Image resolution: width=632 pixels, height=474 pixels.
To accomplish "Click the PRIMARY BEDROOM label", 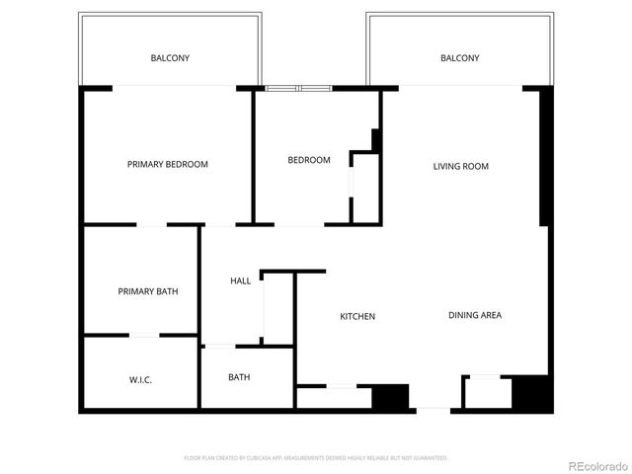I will coord(168,164).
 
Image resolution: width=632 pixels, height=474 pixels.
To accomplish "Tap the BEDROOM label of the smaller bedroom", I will coord(308,160).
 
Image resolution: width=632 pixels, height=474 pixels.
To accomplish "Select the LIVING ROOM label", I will coord(460,166).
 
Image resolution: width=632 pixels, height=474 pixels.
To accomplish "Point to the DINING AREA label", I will coord(475,315).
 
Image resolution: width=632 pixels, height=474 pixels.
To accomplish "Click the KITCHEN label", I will coord(357,316).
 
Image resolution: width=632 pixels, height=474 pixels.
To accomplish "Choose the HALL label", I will coord(240,280).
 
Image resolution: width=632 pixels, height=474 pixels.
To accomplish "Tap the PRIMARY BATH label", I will coord(148,291).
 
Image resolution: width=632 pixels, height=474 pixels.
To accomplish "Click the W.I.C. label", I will coord(140,379).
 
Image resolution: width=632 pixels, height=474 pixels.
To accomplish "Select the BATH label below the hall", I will coord(239,377).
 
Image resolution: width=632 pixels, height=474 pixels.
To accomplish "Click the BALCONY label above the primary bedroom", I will coord(170,58).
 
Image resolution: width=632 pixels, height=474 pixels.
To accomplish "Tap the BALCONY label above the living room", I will coord(459,58).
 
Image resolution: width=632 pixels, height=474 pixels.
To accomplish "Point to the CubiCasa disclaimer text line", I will coord(316,457).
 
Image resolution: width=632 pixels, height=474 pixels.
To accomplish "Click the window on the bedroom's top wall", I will coord(299,89).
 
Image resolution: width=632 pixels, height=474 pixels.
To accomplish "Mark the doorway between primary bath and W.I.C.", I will coord(146,336).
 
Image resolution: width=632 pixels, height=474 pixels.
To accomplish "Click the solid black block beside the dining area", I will coord(531,393).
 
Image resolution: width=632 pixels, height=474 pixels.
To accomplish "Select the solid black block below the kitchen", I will coord(390,397).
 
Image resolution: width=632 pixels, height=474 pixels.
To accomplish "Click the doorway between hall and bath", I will coord(218,346).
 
